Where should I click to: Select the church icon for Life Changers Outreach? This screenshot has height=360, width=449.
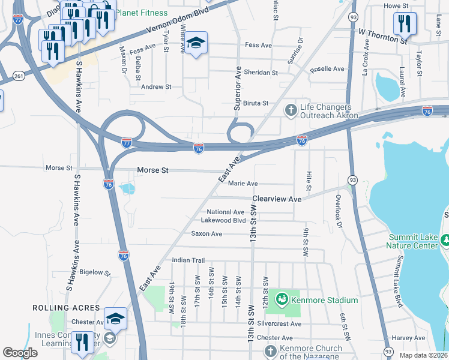(x=291, y=109)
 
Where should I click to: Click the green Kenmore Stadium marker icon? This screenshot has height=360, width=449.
(x=280, y=299)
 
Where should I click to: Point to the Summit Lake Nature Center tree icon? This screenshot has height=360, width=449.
(x=445, y=241)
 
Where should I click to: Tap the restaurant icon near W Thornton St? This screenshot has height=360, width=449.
(x=402, y=24)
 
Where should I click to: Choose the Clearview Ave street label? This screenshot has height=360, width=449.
(x=277, y=199)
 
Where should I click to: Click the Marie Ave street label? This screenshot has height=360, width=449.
(x=243, y=184)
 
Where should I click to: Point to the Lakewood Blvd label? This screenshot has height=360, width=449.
(x=223, y=220)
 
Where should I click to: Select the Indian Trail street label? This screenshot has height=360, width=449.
(x=188, y=260)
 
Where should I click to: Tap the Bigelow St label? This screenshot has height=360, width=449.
(x=95, y=272)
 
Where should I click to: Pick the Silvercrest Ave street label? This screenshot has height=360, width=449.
(x=279, y=323)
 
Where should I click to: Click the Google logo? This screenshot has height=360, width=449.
(x=20, y=353)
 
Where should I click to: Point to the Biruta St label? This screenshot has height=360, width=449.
(x=255, y=103)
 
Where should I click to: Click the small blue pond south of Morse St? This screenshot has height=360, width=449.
(x=127, y=190)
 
